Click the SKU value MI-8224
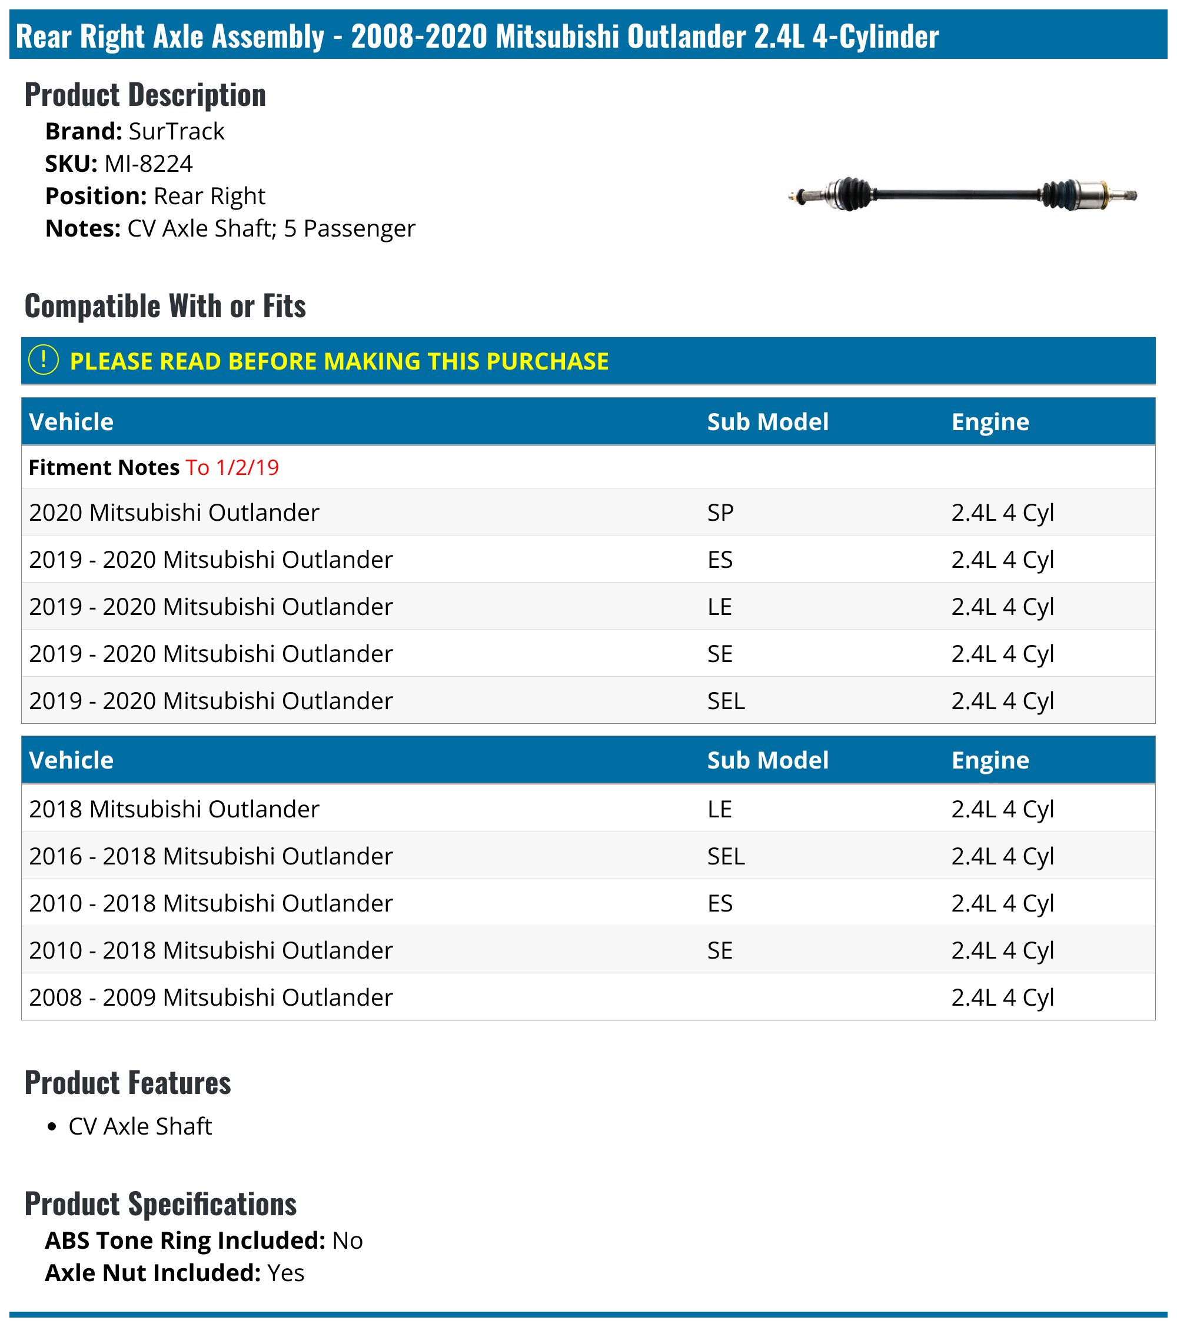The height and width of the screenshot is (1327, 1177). (149, 164)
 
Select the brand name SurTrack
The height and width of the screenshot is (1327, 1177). (177, 131)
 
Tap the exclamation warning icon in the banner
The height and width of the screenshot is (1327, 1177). (44, 360)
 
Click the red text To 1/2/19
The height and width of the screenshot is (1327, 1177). (232, 467)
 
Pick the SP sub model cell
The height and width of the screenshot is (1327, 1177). (720, 512)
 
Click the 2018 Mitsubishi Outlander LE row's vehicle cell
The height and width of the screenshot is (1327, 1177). (174, 809)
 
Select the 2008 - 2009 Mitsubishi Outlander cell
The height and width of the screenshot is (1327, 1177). (211, 997)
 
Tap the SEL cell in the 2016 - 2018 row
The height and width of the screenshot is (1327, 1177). (726, 856)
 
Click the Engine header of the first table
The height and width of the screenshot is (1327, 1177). (990, 422)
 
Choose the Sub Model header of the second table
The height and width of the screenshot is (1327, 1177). (767, 760)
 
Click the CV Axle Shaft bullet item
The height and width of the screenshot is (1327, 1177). (140, 1126)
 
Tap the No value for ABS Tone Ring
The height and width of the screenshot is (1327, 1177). (347, 1240)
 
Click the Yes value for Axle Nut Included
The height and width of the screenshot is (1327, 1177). (285, 1273)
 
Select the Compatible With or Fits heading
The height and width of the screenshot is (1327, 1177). (165, 306)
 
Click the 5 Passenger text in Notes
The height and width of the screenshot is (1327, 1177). (349, 228)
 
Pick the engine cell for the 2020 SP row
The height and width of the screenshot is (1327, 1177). (1002, 512)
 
